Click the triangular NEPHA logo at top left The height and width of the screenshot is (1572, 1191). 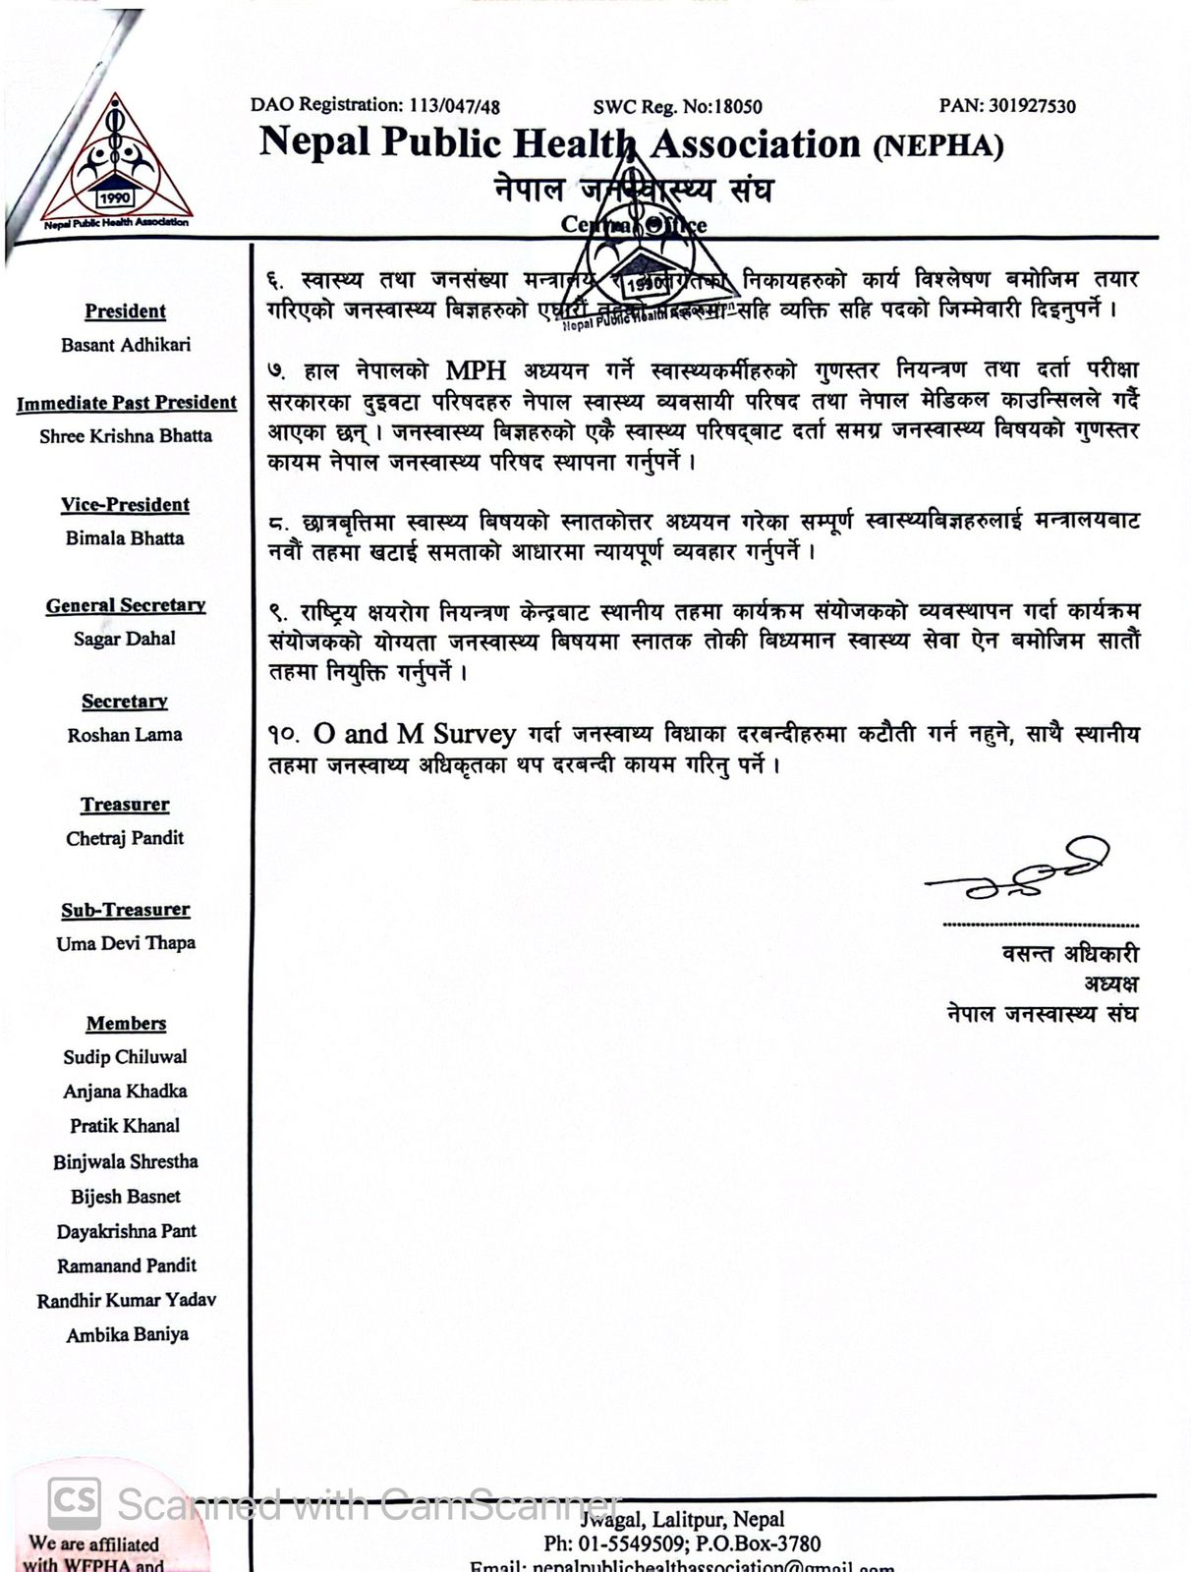[x=116, y=162]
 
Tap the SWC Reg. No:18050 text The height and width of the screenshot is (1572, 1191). [x=677, y=106]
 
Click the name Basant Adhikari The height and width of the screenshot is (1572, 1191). [x=126, y=345]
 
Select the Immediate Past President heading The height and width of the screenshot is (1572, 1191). [x=127, y=403]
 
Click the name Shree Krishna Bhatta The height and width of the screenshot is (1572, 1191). [x=126, y=436]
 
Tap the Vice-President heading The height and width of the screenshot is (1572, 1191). [x=125, y=505]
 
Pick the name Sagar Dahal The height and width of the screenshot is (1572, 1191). [x=125, y=639]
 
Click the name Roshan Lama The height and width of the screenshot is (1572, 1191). [x=125, y=735]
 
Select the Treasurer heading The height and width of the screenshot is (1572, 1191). [x=125, y=805]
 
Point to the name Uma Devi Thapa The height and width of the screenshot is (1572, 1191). [x=126, y=943]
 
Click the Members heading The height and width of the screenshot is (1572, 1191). [x=126, y=1024]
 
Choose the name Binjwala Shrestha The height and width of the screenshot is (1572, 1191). [x=126, y=1161]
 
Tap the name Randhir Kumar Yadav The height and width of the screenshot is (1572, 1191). [x=126, y=1300]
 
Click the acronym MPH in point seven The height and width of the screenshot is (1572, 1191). [x=477, y=370]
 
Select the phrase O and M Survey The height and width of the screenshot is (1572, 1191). [x=415, y=734]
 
